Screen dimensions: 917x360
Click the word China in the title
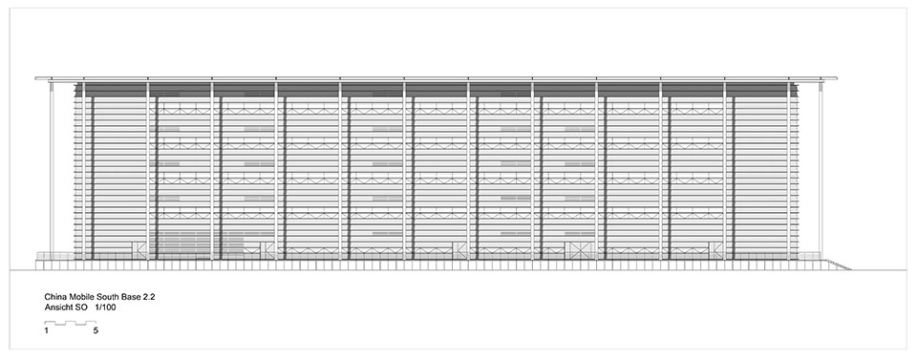[x=54, y=297]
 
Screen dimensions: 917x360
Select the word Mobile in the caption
[x=77, y=297]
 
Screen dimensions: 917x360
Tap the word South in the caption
[x=100, y=297]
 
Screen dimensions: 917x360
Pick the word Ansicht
[x=58, y=307]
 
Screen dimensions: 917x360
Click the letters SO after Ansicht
[x=79, y=307]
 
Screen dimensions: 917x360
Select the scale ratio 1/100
[x=105, y=307]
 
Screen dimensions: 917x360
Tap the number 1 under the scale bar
[x=46, y=330]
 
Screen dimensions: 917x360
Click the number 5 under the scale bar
[x=95, y=330]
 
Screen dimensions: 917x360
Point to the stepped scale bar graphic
[x=71, y=322]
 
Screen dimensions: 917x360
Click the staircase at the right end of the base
[x=838, y=265]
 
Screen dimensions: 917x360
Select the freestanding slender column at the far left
[x=52, y=169]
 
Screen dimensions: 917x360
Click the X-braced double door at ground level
[x=579, y=250]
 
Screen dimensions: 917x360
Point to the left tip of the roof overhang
[x=35, y=77]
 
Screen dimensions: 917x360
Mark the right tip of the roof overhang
[x=837, y=77]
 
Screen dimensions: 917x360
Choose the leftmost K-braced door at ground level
[x=139, y=250]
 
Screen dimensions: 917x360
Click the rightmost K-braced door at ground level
[x=715, y=250]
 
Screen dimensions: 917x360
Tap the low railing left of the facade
[x=55, y=256]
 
